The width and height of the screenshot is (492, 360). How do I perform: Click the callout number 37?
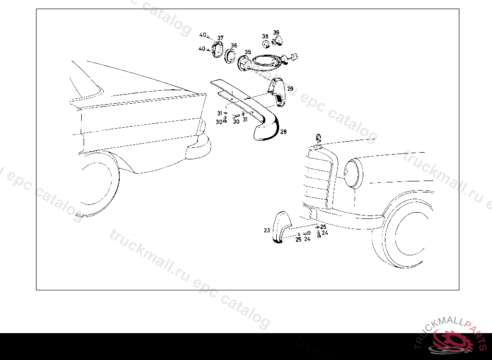[220, 38]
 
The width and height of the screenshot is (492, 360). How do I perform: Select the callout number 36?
[234, 46]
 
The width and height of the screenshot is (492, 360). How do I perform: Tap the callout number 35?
[248, 52]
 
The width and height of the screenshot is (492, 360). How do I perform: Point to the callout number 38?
[265, 36]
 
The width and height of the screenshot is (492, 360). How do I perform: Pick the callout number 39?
[276, 32]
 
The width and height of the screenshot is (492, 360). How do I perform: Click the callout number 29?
[290, 89]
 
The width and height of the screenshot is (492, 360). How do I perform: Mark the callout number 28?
[283, 132]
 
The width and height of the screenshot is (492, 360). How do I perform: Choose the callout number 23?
[267, 230]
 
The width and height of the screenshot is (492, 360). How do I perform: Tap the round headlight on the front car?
[353, 174]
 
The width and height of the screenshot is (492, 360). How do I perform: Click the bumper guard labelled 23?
[281, 227]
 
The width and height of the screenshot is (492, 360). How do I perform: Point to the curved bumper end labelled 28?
[267, 128]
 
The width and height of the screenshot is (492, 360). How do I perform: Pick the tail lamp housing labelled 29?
[277, 92]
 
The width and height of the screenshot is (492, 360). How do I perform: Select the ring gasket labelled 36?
[230, 56]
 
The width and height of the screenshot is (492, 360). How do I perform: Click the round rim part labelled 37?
[217, 49]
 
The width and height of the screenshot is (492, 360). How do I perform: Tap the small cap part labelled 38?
[266, 44]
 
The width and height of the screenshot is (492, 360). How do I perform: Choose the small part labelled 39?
[277, 41]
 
